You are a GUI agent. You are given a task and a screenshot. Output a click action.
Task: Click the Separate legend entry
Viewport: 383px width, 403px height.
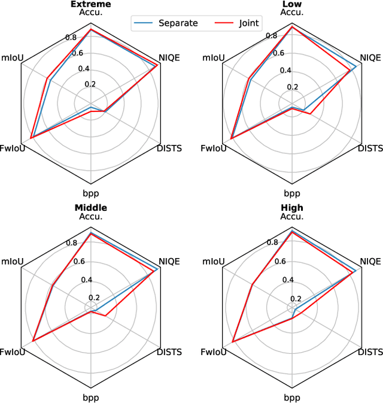pyautogui.click(x=174, y=23)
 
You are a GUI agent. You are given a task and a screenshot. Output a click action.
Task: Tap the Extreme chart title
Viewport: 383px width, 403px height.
pyautogui.click(x=91, y=4)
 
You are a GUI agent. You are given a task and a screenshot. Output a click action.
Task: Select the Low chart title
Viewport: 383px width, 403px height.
pyautogui.click(x=292, y=4)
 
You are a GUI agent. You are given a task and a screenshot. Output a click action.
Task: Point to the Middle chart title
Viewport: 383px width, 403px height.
pyautogui.click(x=91, y=208)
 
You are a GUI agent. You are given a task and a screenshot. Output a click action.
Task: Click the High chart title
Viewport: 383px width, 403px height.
pyautogui.click(x=292, y=208)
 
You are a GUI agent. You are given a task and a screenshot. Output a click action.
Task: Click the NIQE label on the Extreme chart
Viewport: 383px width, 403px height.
pyautogui.click(x=169, y=57)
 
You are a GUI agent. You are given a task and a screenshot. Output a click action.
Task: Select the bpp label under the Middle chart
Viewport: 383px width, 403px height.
pyautogui.click(x=91, y=398)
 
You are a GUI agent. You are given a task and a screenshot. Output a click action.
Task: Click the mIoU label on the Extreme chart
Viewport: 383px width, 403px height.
pyautogui.click(x=12, y=57)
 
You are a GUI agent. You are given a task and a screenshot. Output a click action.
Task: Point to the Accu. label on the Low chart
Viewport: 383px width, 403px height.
pyautogui.click(x=292, y=12)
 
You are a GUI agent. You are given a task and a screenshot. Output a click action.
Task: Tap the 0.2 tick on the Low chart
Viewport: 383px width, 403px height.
pyautogui.click(x=292, y=86)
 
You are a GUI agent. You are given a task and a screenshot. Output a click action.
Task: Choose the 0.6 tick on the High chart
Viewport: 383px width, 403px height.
pyautogui.click(x=279, y=261)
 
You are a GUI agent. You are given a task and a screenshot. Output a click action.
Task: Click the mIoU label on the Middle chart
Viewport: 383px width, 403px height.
pyautogui.click(x=12, y=261)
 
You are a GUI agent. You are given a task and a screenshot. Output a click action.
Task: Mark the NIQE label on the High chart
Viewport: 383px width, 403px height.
pyautogui.click(x=370, y=261)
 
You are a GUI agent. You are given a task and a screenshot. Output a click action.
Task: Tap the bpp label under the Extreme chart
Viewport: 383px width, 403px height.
pyautogui.click(x=91, y=193)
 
